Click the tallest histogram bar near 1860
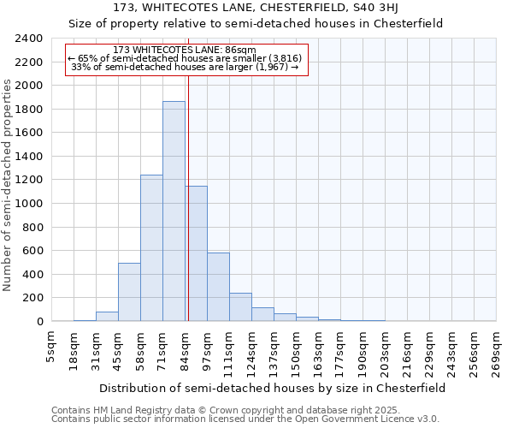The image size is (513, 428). coord(174,211)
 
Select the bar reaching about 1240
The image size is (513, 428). coord(151,248)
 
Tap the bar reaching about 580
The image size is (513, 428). coord(218,287)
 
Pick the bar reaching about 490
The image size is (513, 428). coord(129,292)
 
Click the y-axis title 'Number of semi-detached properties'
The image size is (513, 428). coord(9,185)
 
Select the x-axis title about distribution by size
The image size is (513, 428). coord(272,388)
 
